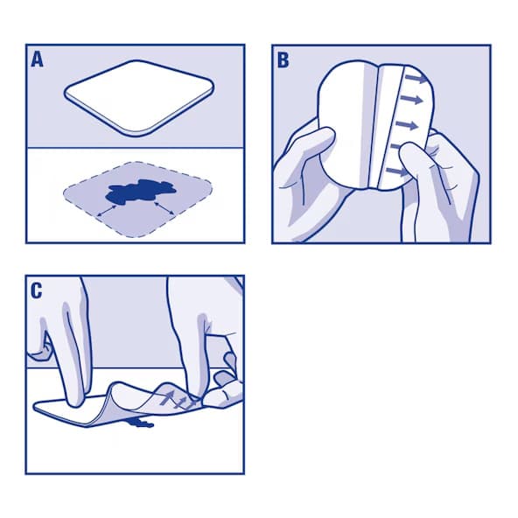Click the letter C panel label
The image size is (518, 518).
pyautogui.click(x=38, y=291)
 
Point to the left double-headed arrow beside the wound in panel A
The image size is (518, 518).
pyautogui.click(x=109, y=209)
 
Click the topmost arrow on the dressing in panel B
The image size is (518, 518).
pyautogui.click(x=421, y=80)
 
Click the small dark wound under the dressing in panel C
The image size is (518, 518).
pyautogui.click(x=139, y=423)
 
